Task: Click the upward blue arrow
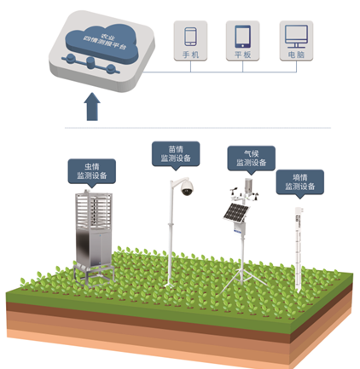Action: tap(92, 107)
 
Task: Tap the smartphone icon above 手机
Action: tap(190, 37)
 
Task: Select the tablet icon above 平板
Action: tap(242, 37)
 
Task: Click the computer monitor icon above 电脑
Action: tap(296, 37)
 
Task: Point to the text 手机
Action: tap(190, 55)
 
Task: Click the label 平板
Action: tap(242, 55)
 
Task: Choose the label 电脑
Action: tap(296, 55)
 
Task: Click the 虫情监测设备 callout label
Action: tap(91, 171)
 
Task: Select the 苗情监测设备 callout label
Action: tap(176, 154)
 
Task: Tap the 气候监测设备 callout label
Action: tap(252, 159)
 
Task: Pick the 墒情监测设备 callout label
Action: tap(300, 182)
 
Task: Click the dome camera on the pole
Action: tap(187, 187)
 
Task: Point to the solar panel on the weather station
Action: tap(236, 212)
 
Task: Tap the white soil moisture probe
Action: tap(299, 249)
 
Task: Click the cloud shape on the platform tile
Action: tap(102, 43)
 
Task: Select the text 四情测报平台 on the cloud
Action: tap(105, 43)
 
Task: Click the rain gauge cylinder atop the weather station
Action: tap(248, 186)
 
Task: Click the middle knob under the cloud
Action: tap(90, 62)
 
